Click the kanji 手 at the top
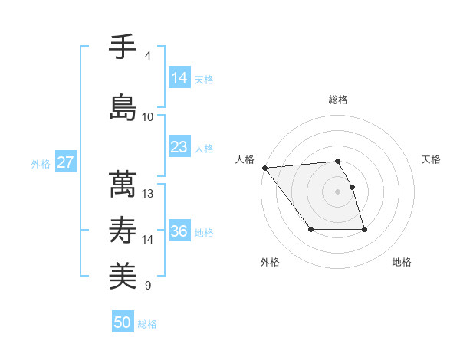point(123,46)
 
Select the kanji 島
point(123,106)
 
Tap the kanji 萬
point(123,184)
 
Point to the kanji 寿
point(123,230)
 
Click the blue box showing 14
point(179,78)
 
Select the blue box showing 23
point(179,147)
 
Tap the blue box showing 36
point(179,231)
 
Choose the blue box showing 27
point(65,162)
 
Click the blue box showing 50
point(123,322)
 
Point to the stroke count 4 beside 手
point(148,56)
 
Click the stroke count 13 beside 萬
point(148,194)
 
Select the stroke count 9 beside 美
point(148,286)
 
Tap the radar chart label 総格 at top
point(338,100)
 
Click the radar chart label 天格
point(432,159)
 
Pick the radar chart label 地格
point(402,262)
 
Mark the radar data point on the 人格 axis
point(264,167)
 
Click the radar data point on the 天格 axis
point(352,187)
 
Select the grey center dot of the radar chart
point(338,191)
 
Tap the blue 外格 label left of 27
point(41,163)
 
